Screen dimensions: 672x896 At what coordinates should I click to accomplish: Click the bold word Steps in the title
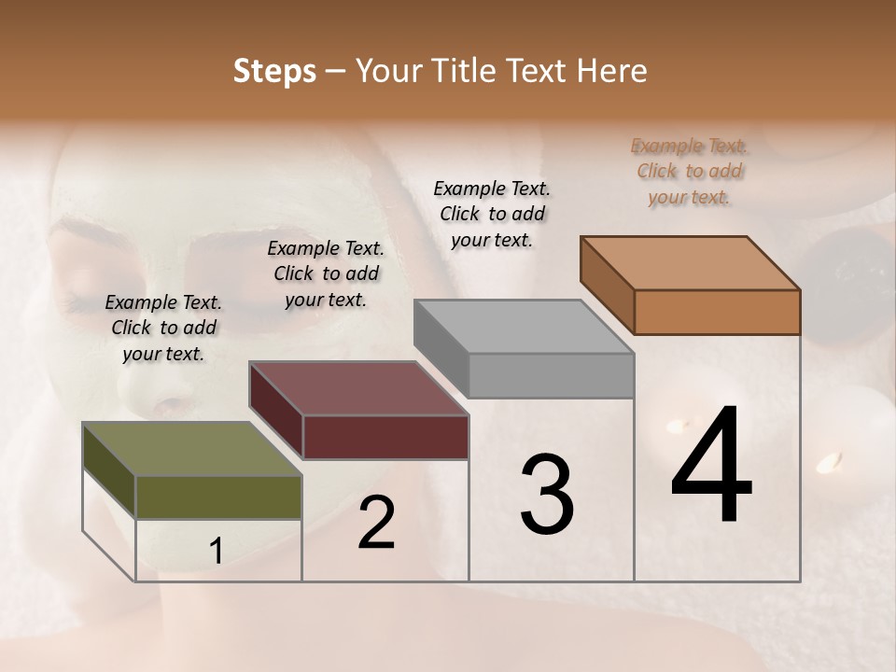coord(274,71)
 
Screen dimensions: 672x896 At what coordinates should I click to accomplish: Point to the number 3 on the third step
coord(546,494)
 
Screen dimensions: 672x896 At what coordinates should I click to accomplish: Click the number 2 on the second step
coord(376,524)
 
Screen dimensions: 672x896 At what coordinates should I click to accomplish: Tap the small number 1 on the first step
coord(217,552)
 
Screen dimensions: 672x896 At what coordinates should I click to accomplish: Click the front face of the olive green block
coord(218,497)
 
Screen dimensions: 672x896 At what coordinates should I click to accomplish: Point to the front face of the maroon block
coord(385,437)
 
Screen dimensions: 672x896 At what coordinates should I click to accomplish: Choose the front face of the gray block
coord(551,375)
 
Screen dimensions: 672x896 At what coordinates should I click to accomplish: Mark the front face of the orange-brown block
coord(717,312)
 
